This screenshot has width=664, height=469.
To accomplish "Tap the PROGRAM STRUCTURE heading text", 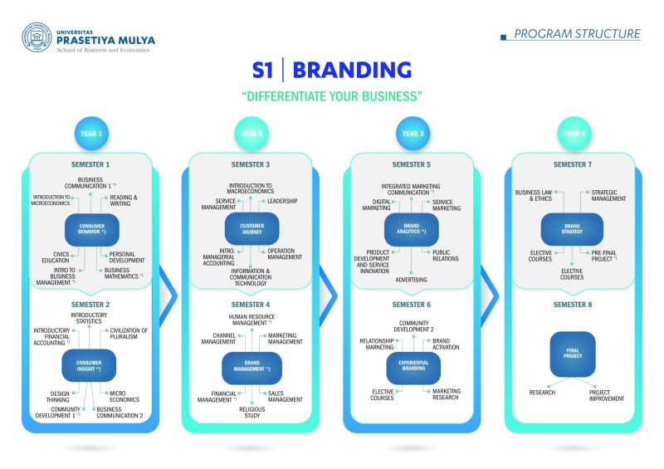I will click(576, 34).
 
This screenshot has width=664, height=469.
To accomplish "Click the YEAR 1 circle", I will click(90, 133).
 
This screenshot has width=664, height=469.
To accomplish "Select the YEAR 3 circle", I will click(412, 133).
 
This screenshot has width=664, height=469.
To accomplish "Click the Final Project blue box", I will click(573, 353).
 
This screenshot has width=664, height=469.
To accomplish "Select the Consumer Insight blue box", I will click(89, 365).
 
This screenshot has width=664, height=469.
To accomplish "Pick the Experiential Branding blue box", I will click(413, 366).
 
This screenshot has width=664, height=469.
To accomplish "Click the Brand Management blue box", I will click(251, 366).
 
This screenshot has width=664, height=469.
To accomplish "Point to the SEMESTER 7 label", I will click(573, 164).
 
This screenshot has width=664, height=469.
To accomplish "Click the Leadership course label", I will click(281, 201).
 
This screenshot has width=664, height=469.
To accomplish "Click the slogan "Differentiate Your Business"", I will click(332, 96).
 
